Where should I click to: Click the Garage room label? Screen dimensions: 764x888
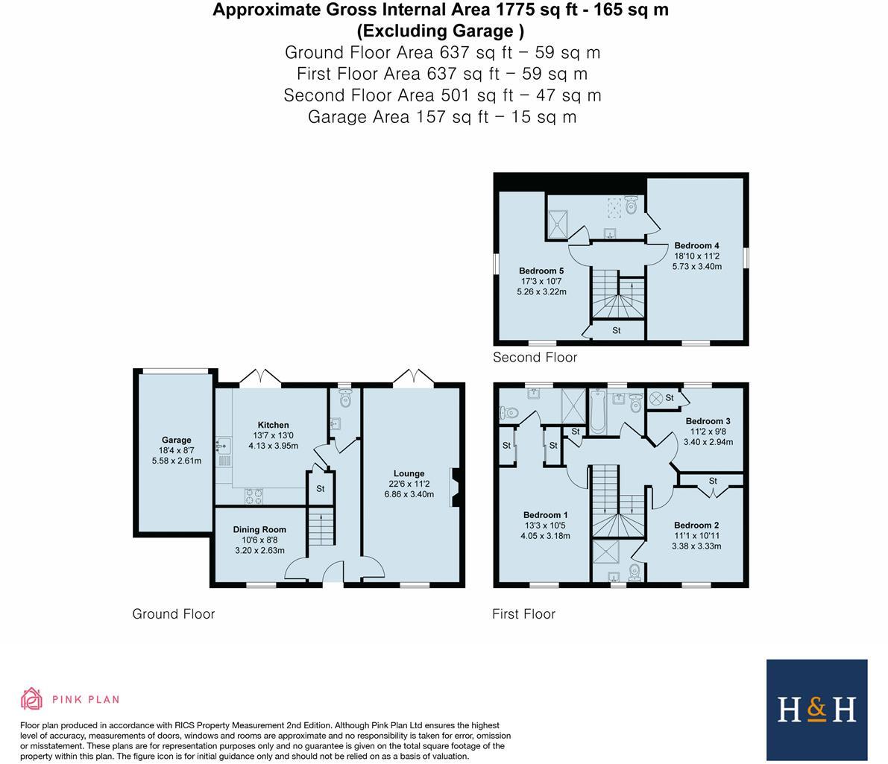tap(177, 440)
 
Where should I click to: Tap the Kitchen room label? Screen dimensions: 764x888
tap(273, 425)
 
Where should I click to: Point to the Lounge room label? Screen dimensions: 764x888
tap(409, 473)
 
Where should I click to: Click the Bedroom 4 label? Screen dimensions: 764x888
tap(696, 245)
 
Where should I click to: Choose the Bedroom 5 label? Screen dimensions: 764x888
tap(541, 271)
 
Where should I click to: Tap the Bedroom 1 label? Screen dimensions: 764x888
tap(545, 515)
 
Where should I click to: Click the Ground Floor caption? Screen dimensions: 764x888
tap(174, 613)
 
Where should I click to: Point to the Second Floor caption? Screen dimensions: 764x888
tap(535, 357)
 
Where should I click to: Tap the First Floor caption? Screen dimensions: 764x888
tap(523, 613)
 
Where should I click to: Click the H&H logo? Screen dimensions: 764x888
tap(816, 709)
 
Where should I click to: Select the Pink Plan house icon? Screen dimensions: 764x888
tap(31, 698)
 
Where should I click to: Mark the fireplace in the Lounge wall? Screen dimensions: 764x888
tap(454, 489)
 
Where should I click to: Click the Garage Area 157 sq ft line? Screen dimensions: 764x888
tap(442, 116)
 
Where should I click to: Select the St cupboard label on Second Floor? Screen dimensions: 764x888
tap(617, 330)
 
